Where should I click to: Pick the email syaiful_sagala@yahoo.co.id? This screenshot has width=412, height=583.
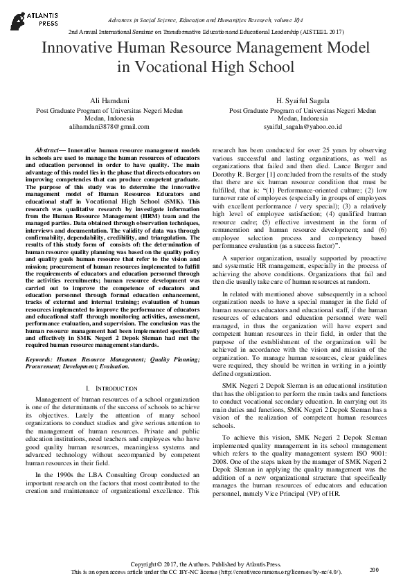click(x=303, y=127)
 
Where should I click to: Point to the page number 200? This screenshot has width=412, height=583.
click(x=375, y=569)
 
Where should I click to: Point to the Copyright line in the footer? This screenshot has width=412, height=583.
click(x=206, y=564)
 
